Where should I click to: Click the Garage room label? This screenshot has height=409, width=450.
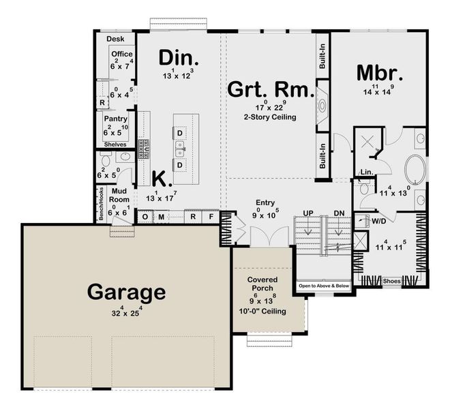[x=126, y=292]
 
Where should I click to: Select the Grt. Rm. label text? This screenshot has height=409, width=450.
[x=270, y=89]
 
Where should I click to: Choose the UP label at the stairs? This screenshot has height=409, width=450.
[x=308, y=214]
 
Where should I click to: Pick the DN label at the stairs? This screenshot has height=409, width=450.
[x=339, y=214]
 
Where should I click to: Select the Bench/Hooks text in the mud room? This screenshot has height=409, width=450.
[x=99, y=203]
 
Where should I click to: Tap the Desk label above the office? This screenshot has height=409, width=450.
[x=115, y=40]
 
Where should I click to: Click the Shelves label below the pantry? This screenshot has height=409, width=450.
[x=114, y=145]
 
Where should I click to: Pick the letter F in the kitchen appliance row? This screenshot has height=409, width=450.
[x=211, y=217]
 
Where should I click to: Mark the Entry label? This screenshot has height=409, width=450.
[x=265, y=202]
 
